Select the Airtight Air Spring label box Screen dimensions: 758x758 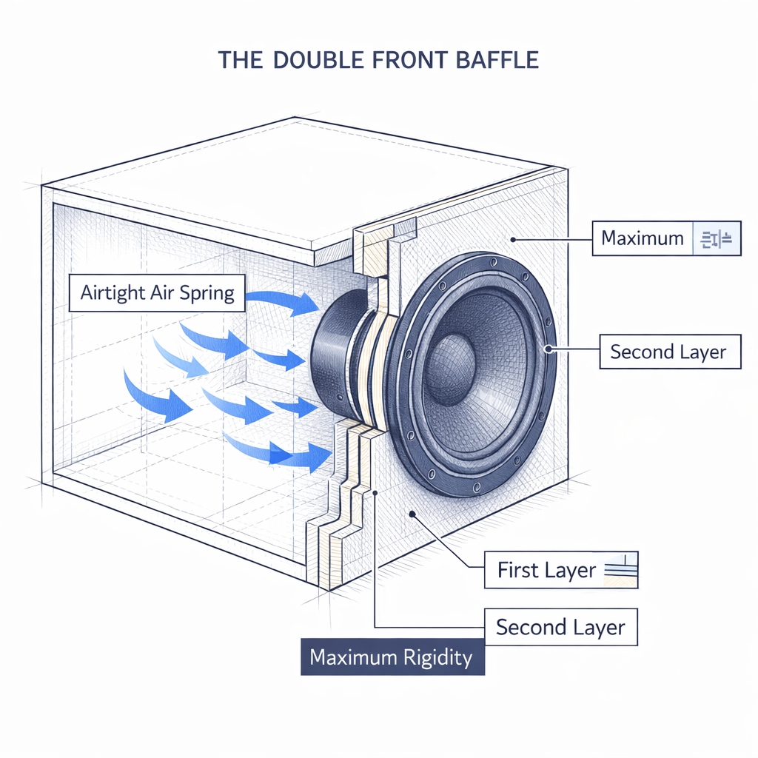pos(156,293)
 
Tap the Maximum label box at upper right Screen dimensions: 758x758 pos(643,238)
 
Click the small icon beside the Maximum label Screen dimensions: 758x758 pos(715,238)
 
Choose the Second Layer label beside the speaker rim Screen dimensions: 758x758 pos(668,352)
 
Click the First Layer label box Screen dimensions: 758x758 pos(546,570)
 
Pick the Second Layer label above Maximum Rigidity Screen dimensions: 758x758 pos(560,628)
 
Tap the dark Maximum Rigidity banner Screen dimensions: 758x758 pos(392,657)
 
